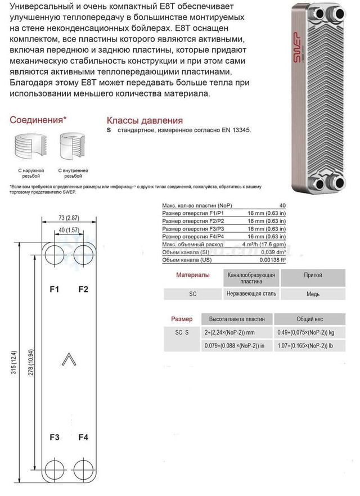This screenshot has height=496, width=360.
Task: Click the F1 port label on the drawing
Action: [55, 290]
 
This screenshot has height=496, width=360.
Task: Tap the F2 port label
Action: [83, 290]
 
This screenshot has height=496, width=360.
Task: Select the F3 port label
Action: [55, 438]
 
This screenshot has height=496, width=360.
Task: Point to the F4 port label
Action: [83, 438]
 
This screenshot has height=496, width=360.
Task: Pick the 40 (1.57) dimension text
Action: [69, 229]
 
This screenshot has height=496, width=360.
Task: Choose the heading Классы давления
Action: [145, 120]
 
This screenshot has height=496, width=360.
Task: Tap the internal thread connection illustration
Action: [73, 147]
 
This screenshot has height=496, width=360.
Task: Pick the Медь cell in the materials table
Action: [313, 293]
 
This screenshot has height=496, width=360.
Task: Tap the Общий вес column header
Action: [313, 319]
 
